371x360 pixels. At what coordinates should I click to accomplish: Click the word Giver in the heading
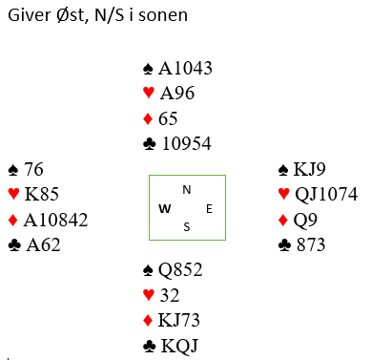pos(29,15)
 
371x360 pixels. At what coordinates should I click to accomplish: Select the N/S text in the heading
pos(110,15)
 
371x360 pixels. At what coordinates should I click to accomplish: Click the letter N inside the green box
pos(187,190)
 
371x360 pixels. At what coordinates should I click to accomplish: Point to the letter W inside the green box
pos(165,209)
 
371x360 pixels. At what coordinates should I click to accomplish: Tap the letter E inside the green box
pos(209,209)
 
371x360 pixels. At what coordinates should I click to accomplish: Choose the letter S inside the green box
pos(187,227)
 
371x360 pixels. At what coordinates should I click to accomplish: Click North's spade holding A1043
pos(185,68)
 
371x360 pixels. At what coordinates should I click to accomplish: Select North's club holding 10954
pos(187,143)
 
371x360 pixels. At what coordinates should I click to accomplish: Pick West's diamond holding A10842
pos(55,220)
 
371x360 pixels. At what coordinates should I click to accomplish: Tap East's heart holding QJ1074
pos(326,194)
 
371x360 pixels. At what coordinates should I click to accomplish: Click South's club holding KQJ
pos(179,346)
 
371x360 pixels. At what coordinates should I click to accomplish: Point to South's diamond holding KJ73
pos(179,320)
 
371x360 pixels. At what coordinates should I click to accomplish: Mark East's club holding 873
pos(311,244)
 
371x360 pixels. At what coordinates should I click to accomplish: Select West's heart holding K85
pos(42,194)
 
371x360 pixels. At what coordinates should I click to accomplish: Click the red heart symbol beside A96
pos(149,93)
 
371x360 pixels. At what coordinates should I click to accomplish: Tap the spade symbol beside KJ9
pos(283,170)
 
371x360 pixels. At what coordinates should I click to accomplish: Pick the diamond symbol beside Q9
pos(282,220)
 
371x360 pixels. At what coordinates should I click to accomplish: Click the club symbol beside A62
pos(14,245)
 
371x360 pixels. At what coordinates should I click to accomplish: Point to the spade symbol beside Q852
pos(148,270)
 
